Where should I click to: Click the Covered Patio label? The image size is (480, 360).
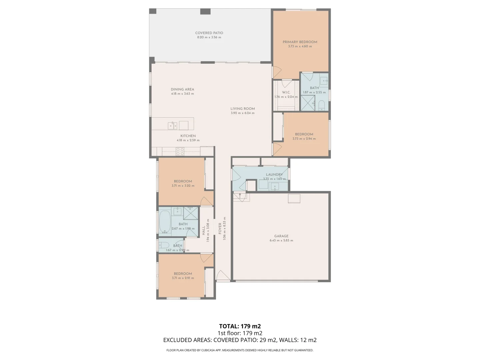[209, 33]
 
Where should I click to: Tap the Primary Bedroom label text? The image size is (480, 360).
[300, 42]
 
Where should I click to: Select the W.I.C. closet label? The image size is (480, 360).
[286, 92]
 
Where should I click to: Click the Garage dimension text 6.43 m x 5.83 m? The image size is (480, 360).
[281, 240]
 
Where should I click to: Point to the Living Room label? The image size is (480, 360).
[242, 109]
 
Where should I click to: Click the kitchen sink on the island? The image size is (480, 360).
[172, 126]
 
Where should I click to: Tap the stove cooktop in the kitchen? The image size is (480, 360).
[180, 152]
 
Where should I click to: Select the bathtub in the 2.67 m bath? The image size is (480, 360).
[165, 221]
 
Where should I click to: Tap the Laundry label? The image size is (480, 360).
[274, 175]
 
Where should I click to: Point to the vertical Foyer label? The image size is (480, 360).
[220, 228]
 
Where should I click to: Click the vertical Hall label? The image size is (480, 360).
[204, 230]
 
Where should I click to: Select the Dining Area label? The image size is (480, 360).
[182, 89]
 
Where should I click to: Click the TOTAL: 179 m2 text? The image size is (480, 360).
[240, 326]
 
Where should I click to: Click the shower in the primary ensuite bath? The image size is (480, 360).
[308, 103]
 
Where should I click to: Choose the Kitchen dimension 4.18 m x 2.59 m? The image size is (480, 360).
[188, 140]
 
